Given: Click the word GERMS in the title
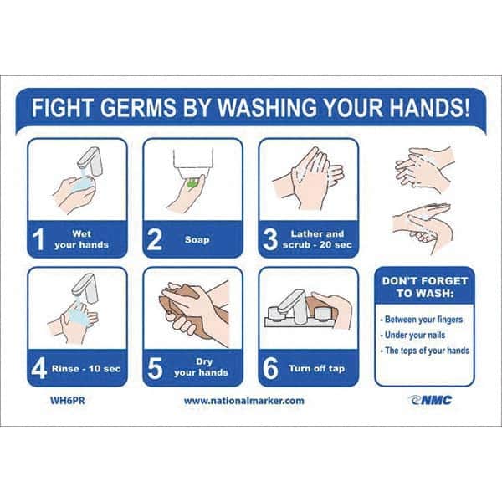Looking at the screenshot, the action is [x=140, y=107].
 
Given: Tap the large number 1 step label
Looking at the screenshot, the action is [x=38, y=238].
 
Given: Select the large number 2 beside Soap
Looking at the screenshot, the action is [x=154, y=238].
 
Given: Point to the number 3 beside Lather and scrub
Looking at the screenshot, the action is [x=270, y=238].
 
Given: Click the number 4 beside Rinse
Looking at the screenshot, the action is [x=39, y=368].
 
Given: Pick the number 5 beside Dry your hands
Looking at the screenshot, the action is [x=155, y=368].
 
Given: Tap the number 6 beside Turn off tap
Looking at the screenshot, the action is [x=270, y=368].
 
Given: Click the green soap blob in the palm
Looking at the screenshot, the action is [x=192, y=183].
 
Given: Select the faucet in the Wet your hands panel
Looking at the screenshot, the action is [x=90, y=161].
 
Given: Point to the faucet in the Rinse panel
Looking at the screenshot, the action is [x=85, y=288].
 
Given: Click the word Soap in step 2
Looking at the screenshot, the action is [x=197, y=239].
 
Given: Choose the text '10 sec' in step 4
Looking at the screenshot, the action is [x=105, y=369].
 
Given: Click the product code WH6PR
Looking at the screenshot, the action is [x=68, y=401].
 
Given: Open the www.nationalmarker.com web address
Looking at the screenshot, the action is [x=244, y=401].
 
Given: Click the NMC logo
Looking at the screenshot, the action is [x=430, y=400].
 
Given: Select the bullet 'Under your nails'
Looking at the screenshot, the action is [x=413, y=336].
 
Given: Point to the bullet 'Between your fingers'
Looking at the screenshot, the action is [x=422, y=320].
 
